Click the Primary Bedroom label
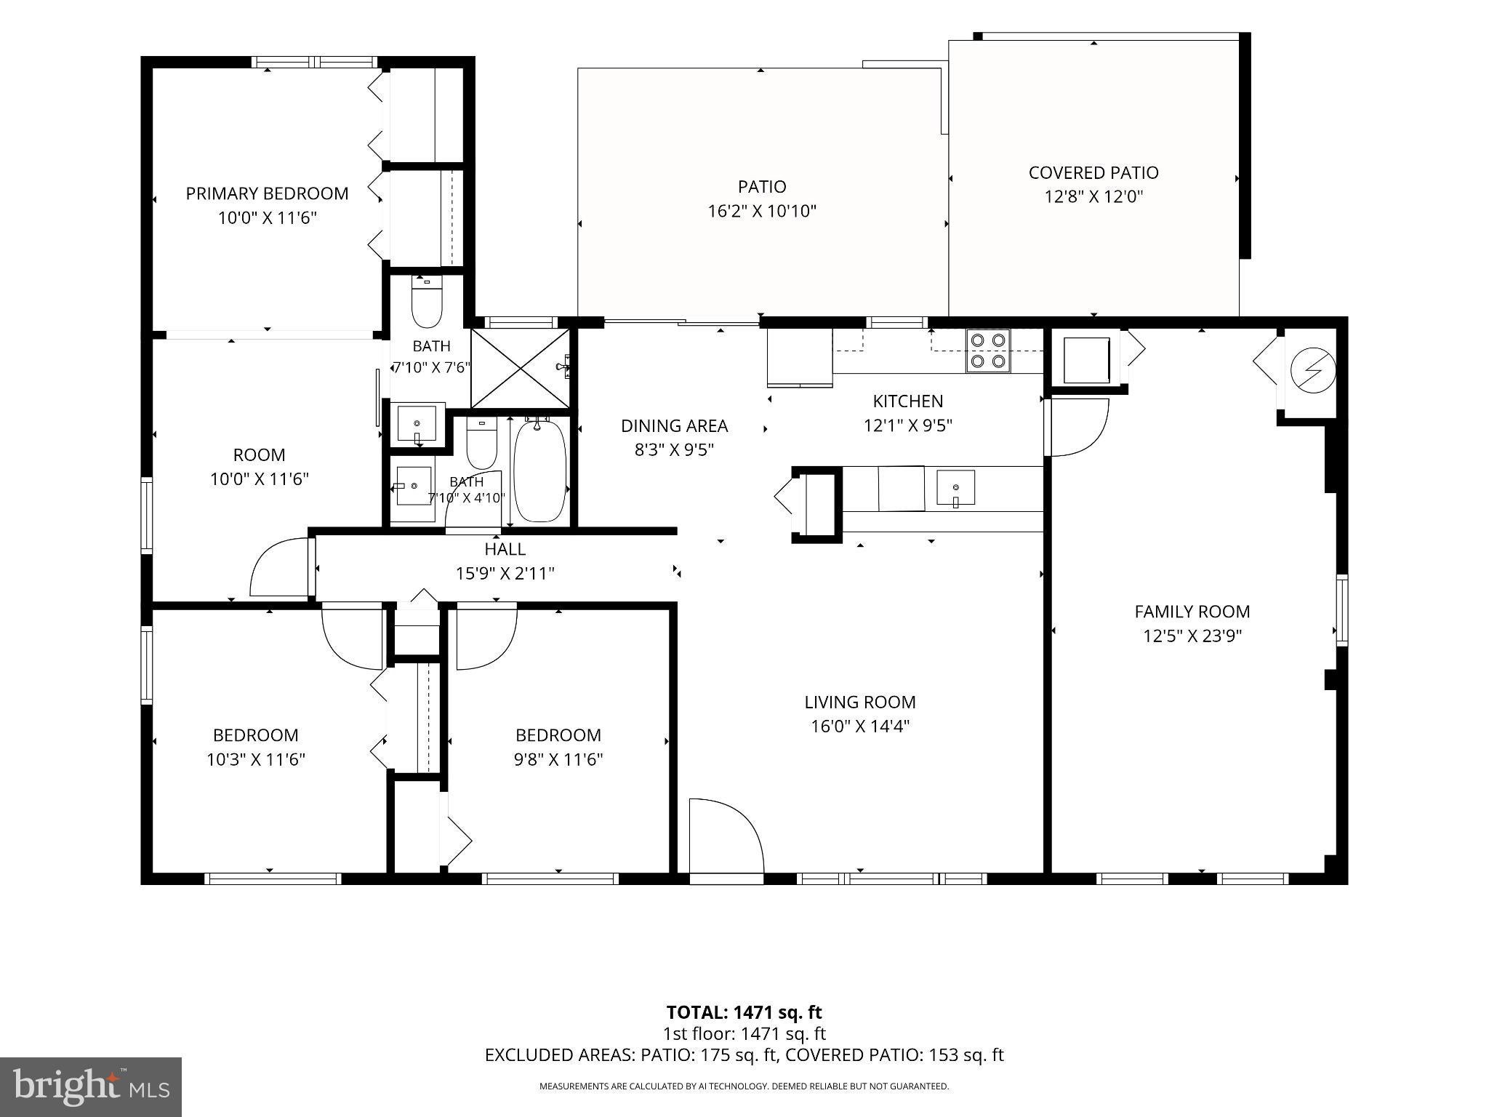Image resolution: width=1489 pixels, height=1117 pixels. point(267,193)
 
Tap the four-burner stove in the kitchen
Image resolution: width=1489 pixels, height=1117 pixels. point(988,351)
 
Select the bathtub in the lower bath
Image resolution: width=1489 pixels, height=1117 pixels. point(540,470)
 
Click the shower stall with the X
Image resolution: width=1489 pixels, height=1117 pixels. point(520,368)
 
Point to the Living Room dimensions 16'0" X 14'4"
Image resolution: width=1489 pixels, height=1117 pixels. point(860,726)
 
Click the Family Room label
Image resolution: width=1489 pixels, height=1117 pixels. point(1192,612)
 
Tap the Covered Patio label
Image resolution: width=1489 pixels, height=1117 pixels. point(1093,172)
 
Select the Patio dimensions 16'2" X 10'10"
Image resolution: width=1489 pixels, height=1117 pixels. point(762,211)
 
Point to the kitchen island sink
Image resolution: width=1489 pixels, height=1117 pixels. point(955,488)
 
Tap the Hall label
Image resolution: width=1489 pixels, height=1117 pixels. point(505,549)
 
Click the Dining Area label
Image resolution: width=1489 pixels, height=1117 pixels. point(674,425)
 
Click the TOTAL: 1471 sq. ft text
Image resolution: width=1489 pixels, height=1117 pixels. point(744,1012)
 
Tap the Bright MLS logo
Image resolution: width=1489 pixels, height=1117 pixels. point(91,1086)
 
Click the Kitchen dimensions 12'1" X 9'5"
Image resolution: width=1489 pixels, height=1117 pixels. point(908,425)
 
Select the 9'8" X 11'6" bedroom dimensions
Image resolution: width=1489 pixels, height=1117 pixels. point(558,759)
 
